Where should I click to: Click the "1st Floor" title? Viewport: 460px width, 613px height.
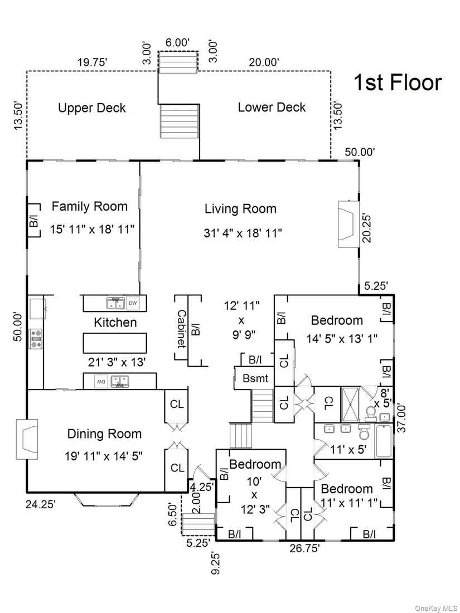pyautogui.click(x=398, y=82)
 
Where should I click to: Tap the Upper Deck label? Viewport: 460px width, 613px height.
pyautogui.click(x=92, y=108)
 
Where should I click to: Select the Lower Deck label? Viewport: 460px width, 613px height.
pyautogui.click(x=272, y=107)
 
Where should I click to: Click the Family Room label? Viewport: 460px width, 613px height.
pyautogui.click(x=90, y=206)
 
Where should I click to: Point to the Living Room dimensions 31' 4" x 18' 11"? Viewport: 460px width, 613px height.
pyautogui.click(x=243, y=233)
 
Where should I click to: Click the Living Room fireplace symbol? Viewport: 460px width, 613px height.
pyautogui.click(x=348, y=224)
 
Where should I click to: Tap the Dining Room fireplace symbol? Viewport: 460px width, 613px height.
pyautogui.click(x=27, y=439)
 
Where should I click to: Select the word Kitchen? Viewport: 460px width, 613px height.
pyautogui.click(x=115, y=322)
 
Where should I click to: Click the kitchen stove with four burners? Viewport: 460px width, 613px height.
pyautogui.click(x=36, y=339)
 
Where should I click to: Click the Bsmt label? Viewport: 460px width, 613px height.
pyautogui.click(x=256, y=378)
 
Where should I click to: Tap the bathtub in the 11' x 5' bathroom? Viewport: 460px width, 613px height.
pyautogui.click(x=384, y=441)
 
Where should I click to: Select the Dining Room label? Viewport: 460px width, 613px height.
pyautogui.click(x=104, y=434)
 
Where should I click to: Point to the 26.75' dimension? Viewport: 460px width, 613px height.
pyautogui.click(x=304, y=548)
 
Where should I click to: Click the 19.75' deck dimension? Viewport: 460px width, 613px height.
pyautogui.click(x=93, y=62)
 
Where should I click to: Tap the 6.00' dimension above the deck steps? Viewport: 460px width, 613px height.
pyautogui.click(x=177, y=42)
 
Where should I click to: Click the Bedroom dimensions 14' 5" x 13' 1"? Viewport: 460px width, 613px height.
pyautogui.click(x=342, y=339)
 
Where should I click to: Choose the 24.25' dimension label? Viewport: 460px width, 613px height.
pyautogui.click(x=41, y=504)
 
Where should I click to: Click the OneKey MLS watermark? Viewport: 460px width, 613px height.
pyautogui.click(x=436, y=608)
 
